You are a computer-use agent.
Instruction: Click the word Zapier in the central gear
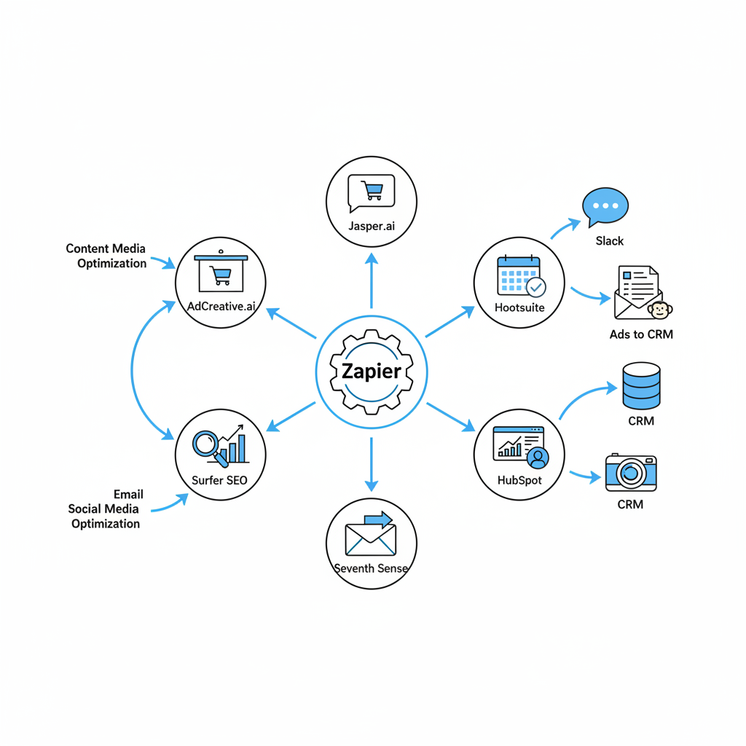click(371, 372)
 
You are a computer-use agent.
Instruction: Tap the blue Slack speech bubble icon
click(605, 206)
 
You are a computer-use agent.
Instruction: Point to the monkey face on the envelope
click(660, 310)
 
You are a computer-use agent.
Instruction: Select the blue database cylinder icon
click(641, 386)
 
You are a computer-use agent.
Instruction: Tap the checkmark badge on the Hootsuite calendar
click(535, 287)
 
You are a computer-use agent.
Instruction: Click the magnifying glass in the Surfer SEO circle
click(206, 444)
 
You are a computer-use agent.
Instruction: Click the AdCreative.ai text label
click(221, 306)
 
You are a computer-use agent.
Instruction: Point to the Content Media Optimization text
click(106, 256)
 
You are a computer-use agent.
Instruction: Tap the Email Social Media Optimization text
click(105, 509)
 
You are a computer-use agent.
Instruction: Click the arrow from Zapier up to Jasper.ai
click(372, 280)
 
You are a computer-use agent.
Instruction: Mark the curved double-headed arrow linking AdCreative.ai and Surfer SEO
click(133, 372)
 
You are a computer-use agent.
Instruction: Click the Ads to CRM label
click(641, 334)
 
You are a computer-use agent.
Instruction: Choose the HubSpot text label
click(519, 480)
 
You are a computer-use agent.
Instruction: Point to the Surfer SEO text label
click(219, 480)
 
